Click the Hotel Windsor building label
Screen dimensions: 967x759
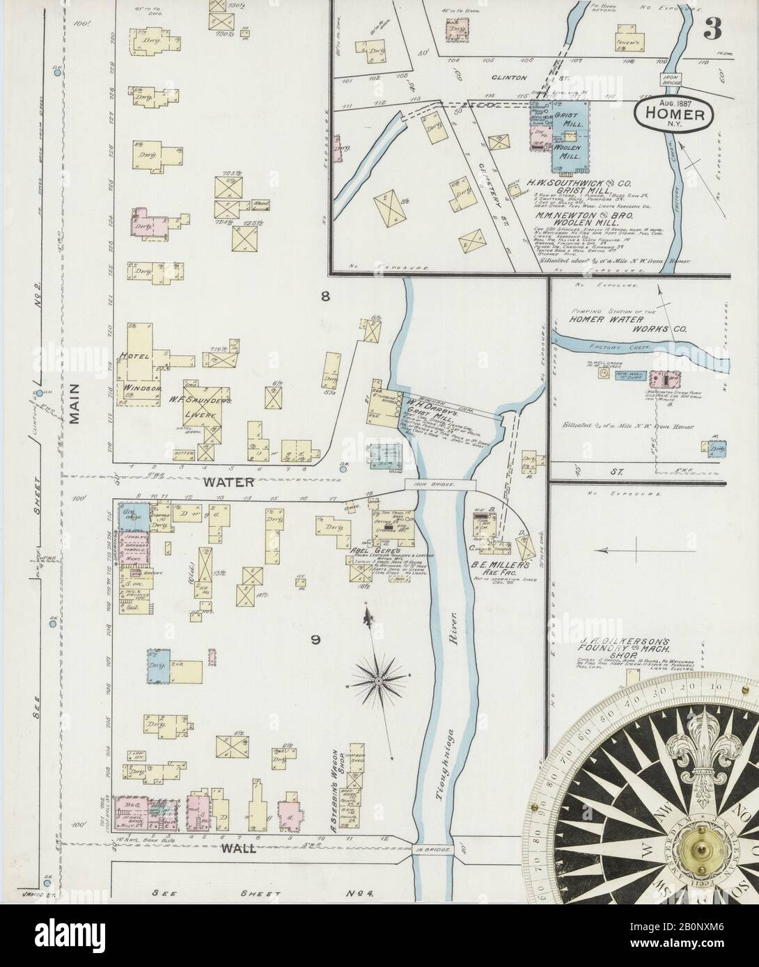[x=128, y=376]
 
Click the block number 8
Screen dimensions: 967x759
[x=324, y=297]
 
